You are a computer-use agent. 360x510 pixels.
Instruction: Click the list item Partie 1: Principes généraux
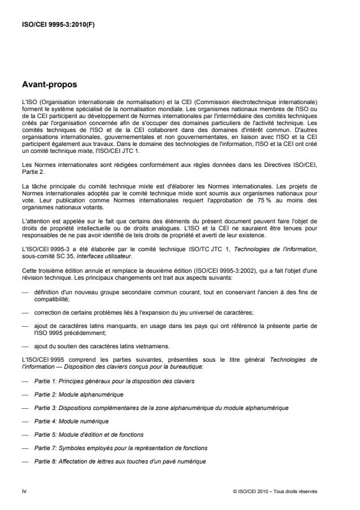[x=115, y=380]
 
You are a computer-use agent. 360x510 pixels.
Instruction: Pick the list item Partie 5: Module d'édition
[x=90, y=434]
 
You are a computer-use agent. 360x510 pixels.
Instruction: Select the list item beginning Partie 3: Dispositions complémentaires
[x=151, y=407]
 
